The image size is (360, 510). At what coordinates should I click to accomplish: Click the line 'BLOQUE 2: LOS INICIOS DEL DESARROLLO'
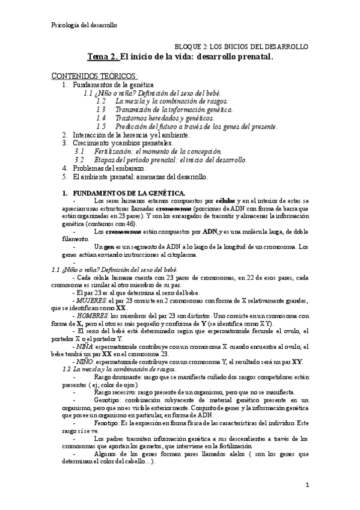click(x=241, y=46)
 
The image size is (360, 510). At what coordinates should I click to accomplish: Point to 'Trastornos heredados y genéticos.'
click(x=163, y=118)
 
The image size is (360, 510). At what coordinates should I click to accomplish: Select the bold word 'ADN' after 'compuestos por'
click(x=210, y=232)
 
